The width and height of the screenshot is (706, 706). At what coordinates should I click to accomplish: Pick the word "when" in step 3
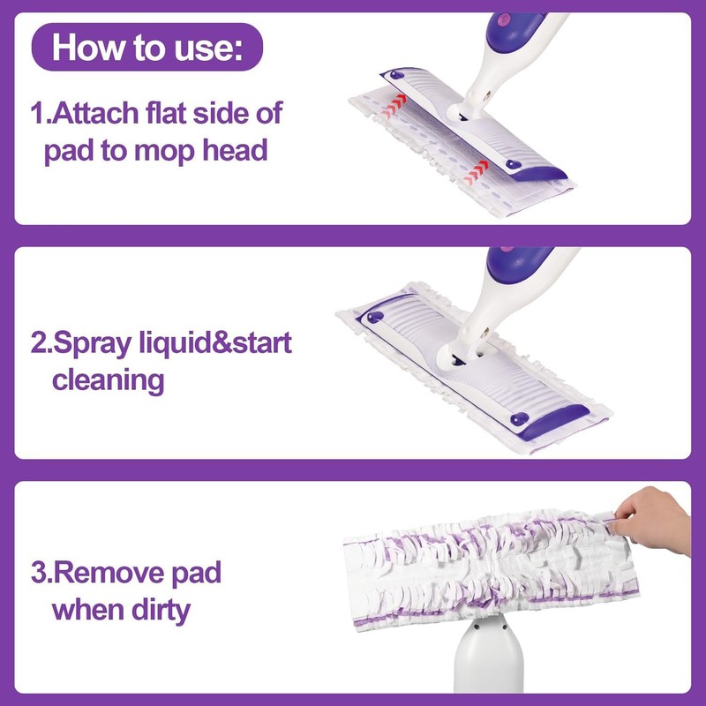tap(88, 610)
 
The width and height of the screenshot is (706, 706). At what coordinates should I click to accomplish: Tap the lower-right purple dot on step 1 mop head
tap(512, 164)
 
